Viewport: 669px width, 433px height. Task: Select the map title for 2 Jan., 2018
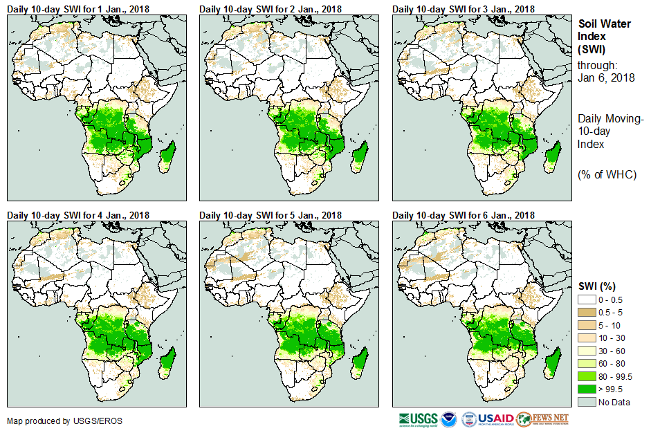point(271,8)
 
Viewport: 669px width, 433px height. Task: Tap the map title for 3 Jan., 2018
point(464,8)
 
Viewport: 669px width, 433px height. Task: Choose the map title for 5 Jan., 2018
point(271,215)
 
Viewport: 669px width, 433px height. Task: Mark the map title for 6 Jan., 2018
point(464,215)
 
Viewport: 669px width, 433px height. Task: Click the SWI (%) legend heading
point(596,286)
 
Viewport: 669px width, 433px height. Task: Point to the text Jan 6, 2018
point(606,77)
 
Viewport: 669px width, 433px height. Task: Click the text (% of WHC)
point(607,174)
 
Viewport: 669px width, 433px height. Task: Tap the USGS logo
point(418,419)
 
